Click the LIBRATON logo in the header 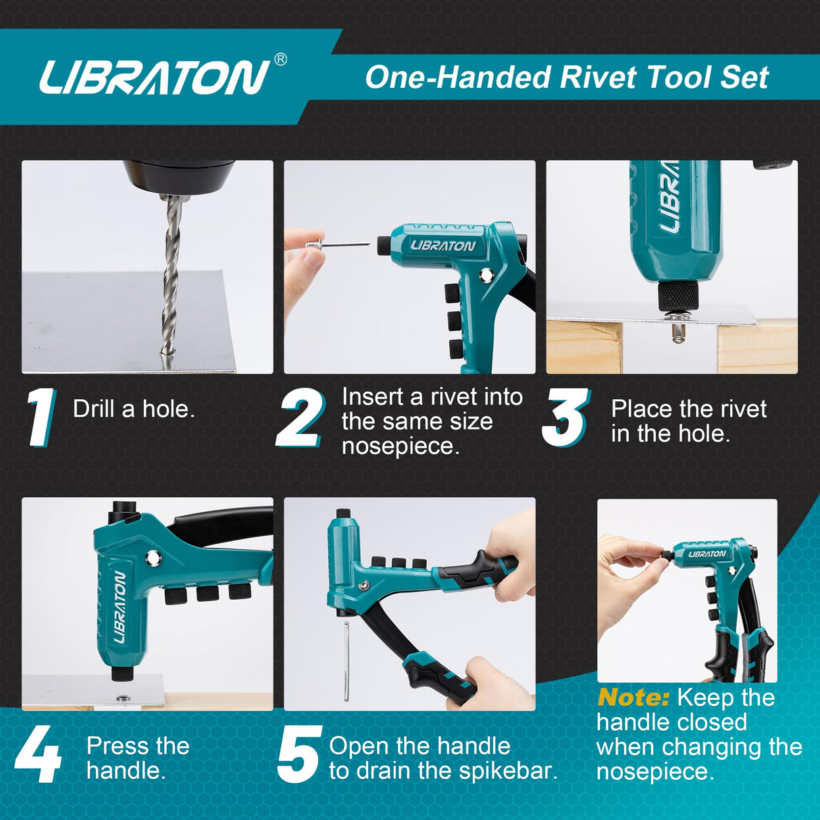(x=154, y=77)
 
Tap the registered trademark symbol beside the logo (x=280, y=59)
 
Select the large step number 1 (x=41, y=417)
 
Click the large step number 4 (x=38, y=755)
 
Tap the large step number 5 (x=299, y=755)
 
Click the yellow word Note (x=633, y=697)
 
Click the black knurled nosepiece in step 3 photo (x=677, y=295)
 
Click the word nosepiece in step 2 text (x=400, y=446)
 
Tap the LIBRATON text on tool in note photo (x=707, y=554)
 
